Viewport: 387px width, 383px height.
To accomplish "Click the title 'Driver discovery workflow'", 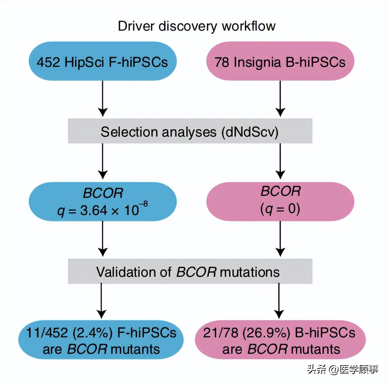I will coord(196,26).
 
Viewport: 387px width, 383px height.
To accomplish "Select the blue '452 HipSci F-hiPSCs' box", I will coord(102,62).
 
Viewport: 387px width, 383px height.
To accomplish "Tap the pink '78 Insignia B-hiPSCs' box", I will coord(280,62).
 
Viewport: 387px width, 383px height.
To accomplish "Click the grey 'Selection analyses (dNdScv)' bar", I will coord(190,132).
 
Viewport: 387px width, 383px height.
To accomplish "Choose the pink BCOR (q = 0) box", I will coord(280,201).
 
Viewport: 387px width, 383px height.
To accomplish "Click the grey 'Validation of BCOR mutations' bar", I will coord(190,272).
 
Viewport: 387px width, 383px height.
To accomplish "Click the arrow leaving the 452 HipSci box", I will coord(103,99).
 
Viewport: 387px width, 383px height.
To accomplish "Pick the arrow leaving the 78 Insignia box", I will coord(280,99).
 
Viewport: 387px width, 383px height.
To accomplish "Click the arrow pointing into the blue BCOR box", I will coord(103,161).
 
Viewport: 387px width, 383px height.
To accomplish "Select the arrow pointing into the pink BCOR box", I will coord(280,161).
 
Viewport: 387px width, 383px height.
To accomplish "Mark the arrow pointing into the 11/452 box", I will coord(101,301).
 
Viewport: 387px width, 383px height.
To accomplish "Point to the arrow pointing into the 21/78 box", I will coord(279,301).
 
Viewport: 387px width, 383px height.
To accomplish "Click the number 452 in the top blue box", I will coord(48,62).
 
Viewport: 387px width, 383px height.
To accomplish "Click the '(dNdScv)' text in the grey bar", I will coord(250,132).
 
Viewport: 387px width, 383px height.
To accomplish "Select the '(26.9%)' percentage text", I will coord(267,333).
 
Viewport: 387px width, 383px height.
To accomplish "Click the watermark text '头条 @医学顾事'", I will coord(342,370).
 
